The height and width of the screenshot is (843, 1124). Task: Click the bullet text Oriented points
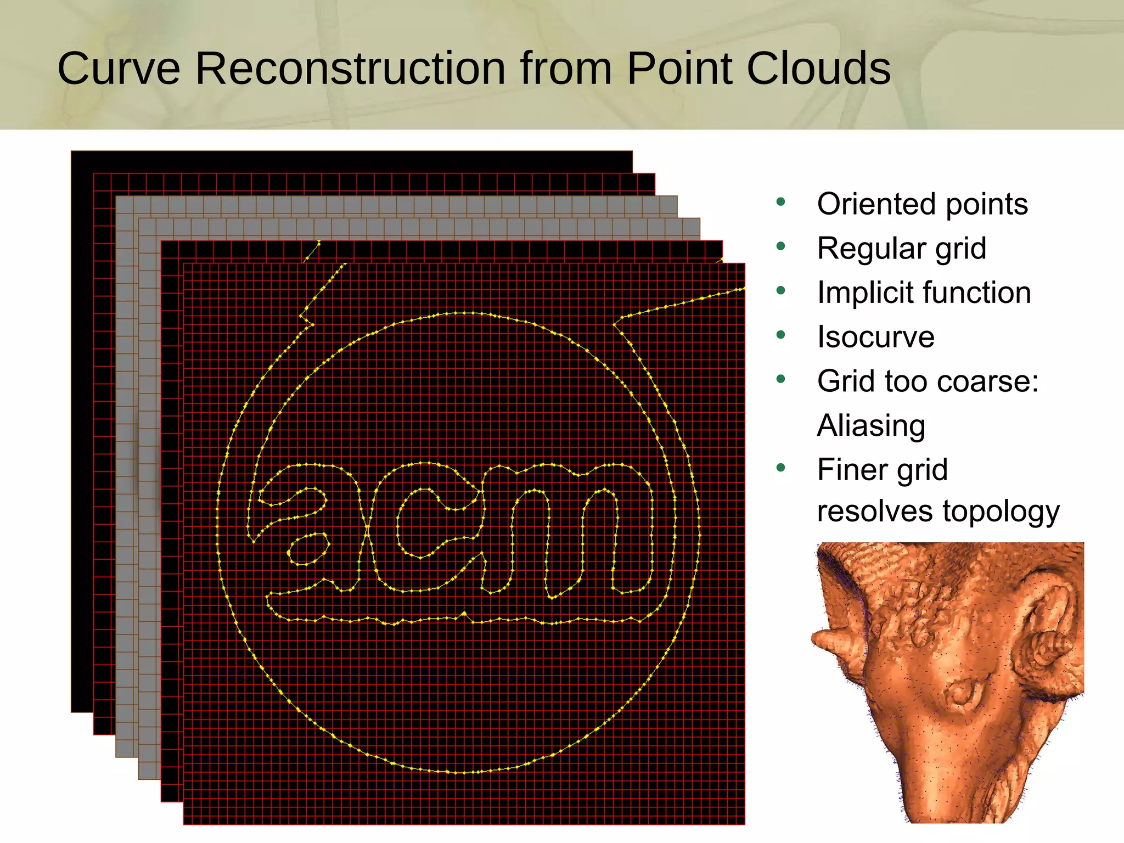click(x=922, y=204)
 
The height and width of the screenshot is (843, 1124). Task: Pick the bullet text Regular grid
click(x=901, y=248)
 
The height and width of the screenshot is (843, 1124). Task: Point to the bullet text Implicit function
click(x=924, y=292)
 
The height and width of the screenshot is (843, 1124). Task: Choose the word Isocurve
click(x=875, y=336)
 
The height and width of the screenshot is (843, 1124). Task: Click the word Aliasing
click(x=871, y=425)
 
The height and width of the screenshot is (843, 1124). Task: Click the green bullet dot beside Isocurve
click(x=781, y=335)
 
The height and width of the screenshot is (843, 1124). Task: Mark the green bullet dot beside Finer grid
click(x=781, y=468)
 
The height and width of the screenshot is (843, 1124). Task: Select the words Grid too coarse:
click(x=928, y=381)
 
